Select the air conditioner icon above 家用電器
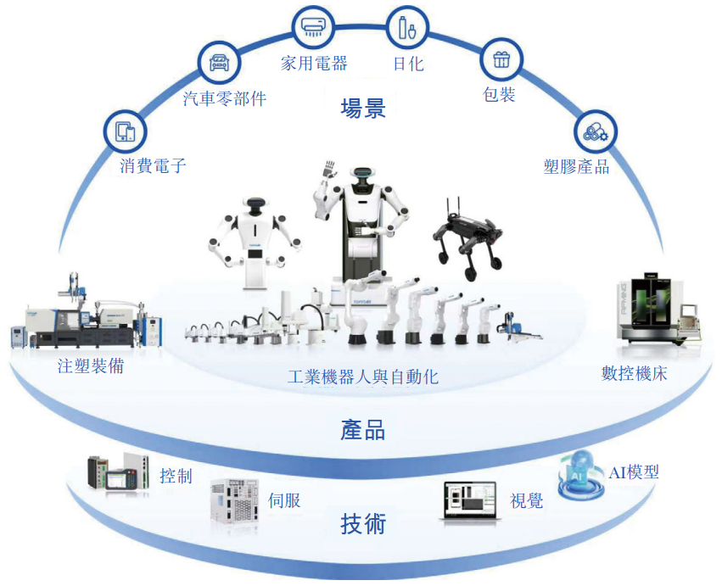coord(311,26)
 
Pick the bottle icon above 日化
coord(406,28)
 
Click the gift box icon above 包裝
coord(501,59)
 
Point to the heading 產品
coord(362,430)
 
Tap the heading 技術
coord(362,524)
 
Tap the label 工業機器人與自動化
coord(362,377)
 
